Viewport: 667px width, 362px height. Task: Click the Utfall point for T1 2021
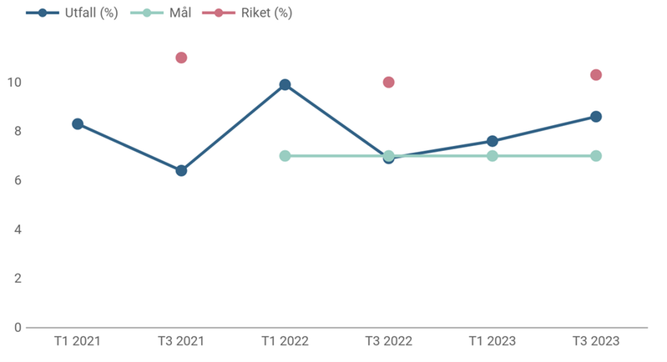coord(78,123)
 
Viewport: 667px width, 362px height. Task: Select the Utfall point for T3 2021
coord(181,170)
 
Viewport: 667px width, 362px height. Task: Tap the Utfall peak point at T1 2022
coord(285,84)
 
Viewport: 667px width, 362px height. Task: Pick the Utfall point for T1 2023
coord(493,141)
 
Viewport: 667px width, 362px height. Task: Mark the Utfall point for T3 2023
coord(596,117)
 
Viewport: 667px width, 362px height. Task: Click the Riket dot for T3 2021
coord(181,58)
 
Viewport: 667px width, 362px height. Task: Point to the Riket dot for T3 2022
coord(388,83)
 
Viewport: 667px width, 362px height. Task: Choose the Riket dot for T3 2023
coord(596,75)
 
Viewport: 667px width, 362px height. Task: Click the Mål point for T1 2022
coord(285,156)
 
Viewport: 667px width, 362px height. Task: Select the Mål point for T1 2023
coord(493,156)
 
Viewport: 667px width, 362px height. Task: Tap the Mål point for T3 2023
coord(596,156)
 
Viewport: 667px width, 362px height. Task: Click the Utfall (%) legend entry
coord(72,13)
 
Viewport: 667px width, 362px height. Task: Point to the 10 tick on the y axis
coord(14,83)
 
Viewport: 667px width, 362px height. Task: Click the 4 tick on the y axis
coord(17,229)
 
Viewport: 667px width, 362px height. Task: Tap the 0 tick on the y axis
coord(17,327)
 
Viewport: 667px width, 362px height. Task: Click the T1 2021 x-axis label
coord(78,341)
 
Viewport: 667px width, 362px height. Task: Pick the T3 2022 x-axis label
coord(388,341)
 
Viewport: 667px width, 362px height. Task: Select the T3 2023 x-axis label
coord(596,341)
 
